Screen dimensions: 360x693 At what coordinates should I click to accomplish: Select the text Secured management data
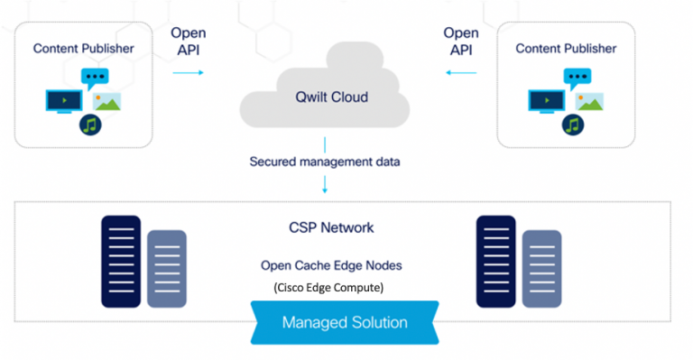point(325,162)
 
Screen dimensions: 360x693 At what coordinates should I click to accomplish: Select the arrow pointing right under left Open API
point(188,72)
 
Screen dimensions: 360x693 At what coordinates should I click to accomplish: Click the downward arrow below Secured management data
point(325,184)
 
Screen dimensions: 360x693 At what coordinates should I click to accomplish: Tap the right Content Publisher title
point(566,48)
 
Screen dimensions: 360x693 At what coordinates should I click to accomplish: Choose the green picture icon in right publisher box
point(588,100)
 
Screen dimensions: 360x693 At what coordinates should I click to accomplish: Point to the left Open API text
point(188,42)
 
